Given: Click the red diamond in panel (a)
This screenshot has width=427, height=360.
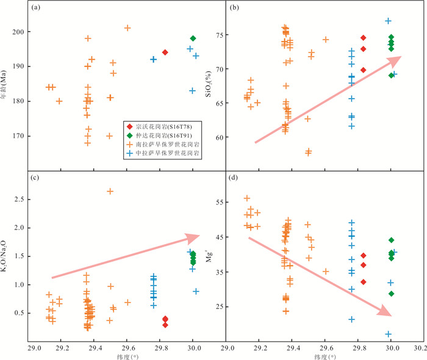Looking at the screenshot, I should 165,52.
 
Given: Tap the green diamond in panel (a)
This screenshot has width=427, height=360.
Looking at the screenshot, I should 193,38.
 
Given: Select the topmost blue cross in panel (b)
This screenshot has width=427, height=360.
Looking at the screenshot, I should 388,21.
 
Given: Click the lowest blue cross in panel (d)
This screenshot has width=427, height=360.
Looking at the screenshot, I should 388,334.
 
